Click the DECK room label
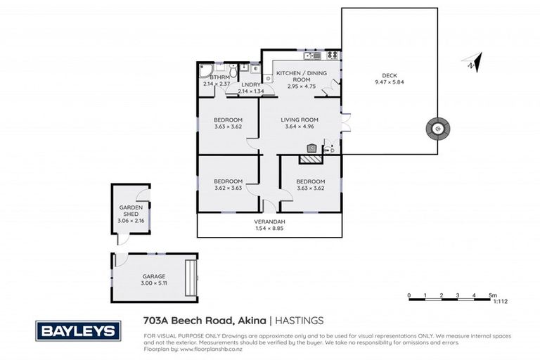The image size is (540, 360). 390,75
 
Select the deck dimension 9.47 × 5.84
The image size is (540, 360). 390,82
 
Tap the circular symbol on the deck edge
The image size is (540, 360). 436,129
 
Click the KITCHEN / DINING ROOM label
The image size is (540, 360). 301,76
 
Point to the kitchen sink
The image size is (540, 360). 312,55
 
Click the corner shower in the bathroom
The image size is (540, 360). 205,70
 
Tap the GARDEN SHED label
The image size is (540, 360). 130,211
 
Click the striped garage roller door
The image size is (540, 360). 189,278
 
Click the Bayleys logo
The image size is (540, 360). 78,330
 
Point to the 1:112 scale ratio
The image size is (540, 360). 500,301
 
